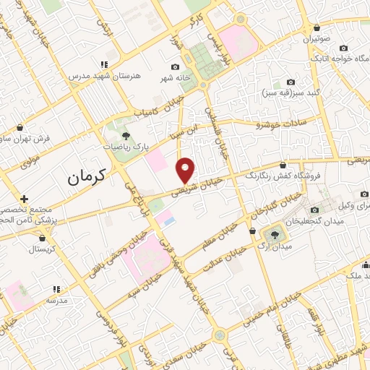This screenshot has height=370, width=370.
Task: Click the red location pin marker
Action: click(x=186, y=170)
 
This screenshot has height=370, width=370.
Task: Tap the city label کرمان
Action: click(x=86, y=176)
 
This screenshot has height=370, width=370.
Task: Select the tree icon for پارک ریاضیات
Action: click(x=125, y=135)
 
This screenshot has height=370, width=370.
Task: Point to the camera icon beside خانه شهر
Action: click(x=175, y=67)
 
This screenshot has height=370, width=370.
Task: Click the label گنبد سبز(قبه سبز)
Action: click(x=301, y=92)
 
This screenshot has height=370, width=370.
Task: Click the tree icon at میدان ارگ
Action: click(x=274, y=236)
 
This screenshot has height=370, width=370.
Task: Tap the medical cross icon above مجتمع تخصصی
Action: click(x=24, y=199)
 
